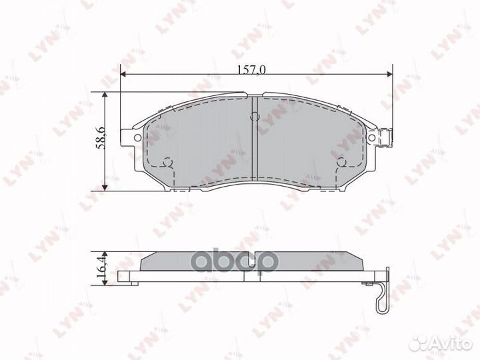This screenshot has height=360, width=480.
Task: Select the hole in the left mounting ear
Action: (137, 138)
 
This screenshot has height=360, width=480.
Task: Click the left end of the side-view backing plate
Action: (121, 276)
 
